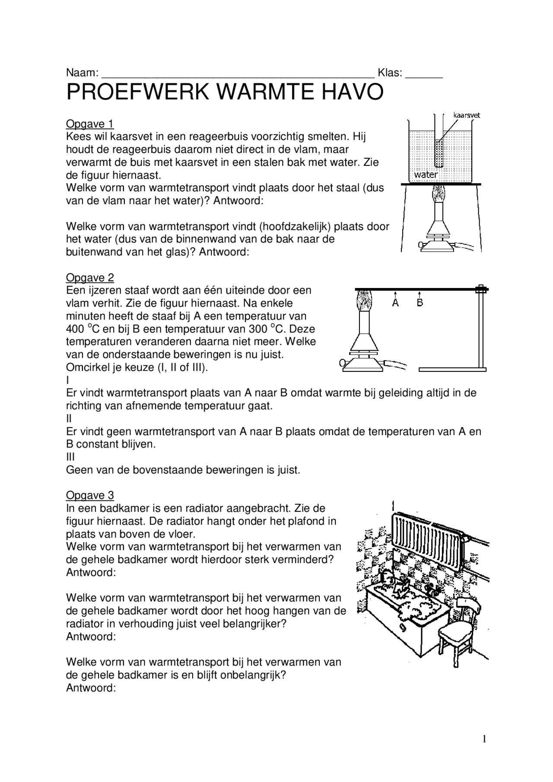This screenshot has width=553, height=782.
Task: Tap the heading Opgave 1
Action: click(x=89, y=124)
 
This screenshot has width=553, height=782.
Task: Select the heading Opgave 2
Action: click(x=89, y=278)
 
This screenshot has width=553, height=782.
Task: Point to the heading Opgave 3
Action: click(x=89, y=495)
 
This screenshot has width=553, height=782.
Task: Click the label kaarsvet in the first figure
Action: click(x=467, y=115)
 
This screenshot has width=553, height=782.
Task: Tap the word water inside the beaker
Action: click(x=426, y=175)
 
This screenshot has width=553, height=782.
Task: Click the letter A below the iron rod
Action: click(x=395, y=303)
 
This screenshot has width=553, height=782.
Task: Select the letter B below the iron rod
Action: click(x=420, y=303)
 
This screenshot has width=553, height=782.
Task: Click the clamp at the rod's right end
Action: click(x=480, y=289)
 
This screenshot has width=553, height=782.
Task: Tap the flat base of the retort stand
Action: click(x=452, y=369)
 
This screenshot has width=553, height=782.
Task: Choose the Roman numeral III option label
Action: click(x=70, y=457)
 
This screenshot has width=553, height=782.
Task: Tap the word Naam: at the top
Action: click(x=82, y=73)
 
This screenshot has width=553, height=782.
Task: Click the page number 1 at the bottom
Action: click(x=484, y=739)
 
